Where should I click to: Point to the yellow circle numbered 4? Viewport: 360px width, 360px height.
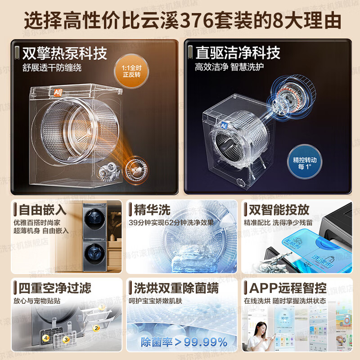coord(45,337)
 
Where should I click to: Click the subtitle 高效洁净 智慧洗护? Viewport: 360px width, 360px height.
coord(233,67)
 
